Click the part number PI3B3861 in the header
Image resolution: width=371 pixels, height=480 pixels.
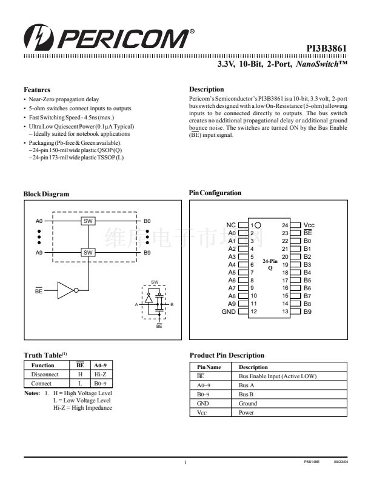[x=326, y=48]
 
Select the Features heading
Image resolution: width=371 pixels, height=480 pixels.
[x=36, y=90]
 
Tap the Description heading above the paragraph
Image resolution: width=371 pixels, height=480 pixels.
[x=207, y=89]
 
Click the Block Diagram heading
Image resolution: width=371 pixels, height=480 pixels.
[x=46, y=194]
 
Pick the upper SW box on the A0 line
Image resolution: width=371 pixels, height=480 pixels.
[x=88, y=221]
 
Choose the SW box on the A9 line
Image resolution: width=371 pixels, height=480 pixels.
[x=88, y=252]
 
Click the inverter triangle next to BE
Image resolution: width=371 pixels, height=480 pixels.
[x=65, y=290]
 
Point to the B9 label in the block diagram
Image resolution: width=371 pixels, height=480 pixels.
[x=147, y=252]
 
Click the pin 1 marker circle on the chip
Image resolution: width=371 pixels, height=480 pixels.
[x=258, y=225]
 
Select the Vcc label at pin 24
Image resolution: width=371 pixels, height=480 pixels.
[x=309, y=225]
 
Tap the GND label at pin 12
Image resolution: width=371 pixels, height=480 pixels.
[x=229, y=312]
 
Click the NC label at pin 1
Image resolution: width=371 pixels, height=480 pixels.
[x=231, y=225]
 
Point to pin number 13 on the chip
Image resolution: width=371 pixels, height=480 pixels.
[x=285, y=312]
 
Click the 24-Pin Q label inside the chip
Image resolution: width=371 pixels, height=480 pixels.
[x=270, y=264]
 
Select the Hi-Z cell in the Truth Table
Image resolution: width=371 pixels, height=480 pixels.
[x=100, y=375]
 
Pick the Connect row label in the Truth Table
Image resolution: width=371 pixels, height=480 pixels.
[x=42, y=384]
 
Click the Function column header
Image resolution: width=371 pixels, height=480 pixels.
[x=43, y=365]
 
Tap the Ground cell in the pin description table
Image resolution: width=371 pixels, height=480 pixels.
[x=248, y=403]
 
